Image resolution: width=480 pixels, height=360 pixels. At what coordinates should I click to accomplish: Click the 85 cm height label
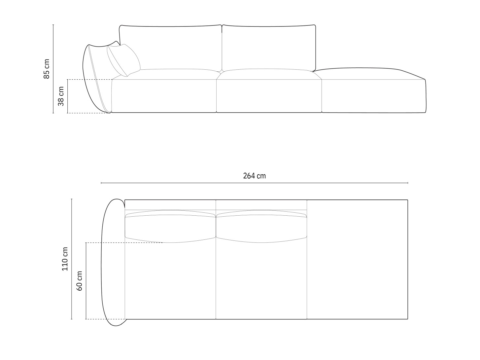click(47, 69)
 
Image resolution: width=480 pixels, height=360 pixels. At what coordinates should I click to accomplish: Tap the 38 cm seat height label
click(61, 96)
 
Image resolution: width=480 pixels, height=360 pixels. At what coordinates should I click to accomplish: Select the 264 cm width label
click(254, 176)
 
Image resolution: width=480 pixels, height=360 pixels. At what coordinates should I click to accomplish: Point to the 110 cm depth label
click(65, 259)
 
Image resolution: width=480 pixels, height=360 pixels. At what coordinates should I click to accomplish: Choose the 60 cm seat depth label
click(79, 281)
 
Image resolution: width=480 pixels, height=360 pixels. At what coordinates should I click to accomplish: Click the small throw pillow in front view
click(123, 60)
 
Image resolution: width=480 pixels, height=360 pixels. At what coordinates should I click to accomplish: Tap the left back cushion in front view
click(170, 48)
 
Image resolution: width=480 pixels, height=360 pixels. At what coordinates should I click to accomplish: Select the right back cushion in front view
click(269, 48)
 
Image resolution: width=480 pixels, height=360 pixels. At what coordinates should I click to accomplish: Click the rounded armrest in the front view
click(97, 79)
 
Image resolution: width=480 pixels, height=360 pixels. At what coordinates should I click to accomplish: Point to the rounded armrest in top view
click(113, 262)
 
